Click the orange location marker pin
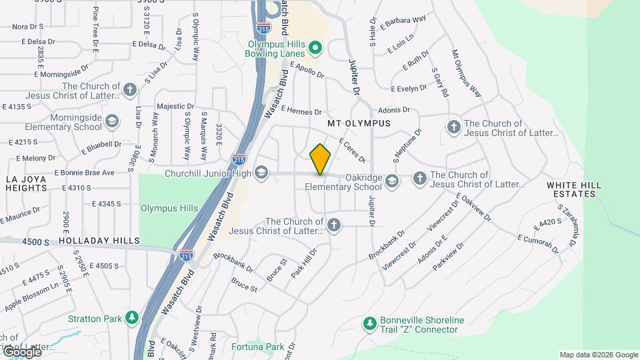tap(321, 159)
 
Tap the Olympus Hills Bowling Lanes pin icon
tap(316, 47)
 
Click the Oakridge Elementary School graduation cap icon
tap(392, 180)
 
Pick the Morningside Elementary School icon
tap(111, 121)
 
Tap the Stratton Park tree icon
tap(133, 317)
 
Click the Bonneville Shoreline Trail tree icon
tap(369, 323)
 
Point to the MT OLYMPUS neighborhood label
tap(359, 124)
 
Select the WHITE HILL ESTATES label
tap(573, 189)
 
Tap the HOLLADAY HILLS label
tap(99, 240)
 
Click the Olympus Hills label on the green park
tap(169, 208)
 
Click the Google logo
tap(22, 351)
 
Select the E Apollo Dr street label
tap(307, 69)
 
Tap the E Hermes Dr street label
tap(301, 111)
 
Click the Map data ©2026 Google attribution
tap(598, 355)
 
